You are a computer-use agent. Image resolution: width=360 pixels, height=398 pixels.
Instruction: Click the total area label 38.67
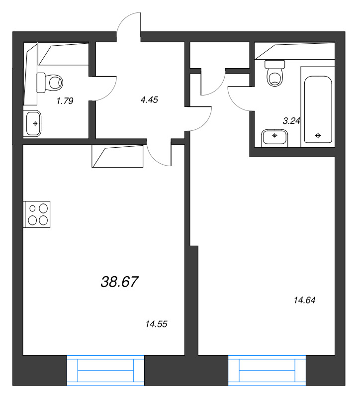click(x=119, y=282)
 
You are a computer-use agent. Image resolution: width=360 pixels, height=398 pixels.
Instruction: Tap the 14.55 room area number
click(x=156, y=324)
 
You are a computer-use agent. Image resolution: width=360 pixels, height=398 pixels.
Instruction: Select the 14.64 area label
click(x=304, y=300)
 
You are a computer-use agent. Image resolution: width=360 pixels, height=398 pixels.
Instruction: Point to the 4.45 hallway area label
click(x=149, y=100)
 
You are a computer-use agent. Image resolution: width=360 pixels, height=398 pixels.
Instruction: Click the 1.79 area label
click(x=65, y=101)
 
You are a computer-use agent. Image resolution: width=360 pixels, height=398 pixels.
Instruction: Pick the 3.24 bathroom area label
click(x=291, y=121)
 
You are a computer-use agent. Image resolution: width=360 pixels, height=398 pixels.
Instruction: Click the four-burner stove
click(x=37, y=214)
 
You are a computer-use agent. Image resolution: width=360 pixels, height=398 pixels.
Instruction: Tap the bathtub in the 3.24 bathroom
click(x=318, y=109)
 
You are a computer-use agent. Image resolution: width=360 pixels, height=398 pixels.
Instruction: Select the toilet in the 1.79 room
click(x=50, y=83)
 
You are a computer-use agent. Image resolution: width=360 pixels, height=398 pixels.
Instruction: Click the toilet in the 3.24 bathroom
click(x=275, y=73)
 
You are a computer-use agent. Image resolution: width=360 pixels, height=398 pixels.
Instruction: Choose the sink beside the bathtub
click(x=274, y=138)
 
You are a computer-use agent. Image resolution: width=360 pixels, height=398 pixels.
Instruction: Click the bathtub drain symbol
click(x=318, y=135)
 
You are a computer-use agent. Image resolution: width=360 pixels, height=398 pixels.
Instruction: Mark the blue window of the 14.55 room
click(x=105, y=370)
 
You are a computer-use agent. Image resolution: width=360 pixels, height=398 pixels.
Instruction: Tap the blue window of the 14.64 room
click(x=267, y=370)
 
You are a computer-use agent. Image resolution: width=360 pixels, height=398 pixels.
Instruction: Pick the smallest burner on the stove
click(x=32, y=208)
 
